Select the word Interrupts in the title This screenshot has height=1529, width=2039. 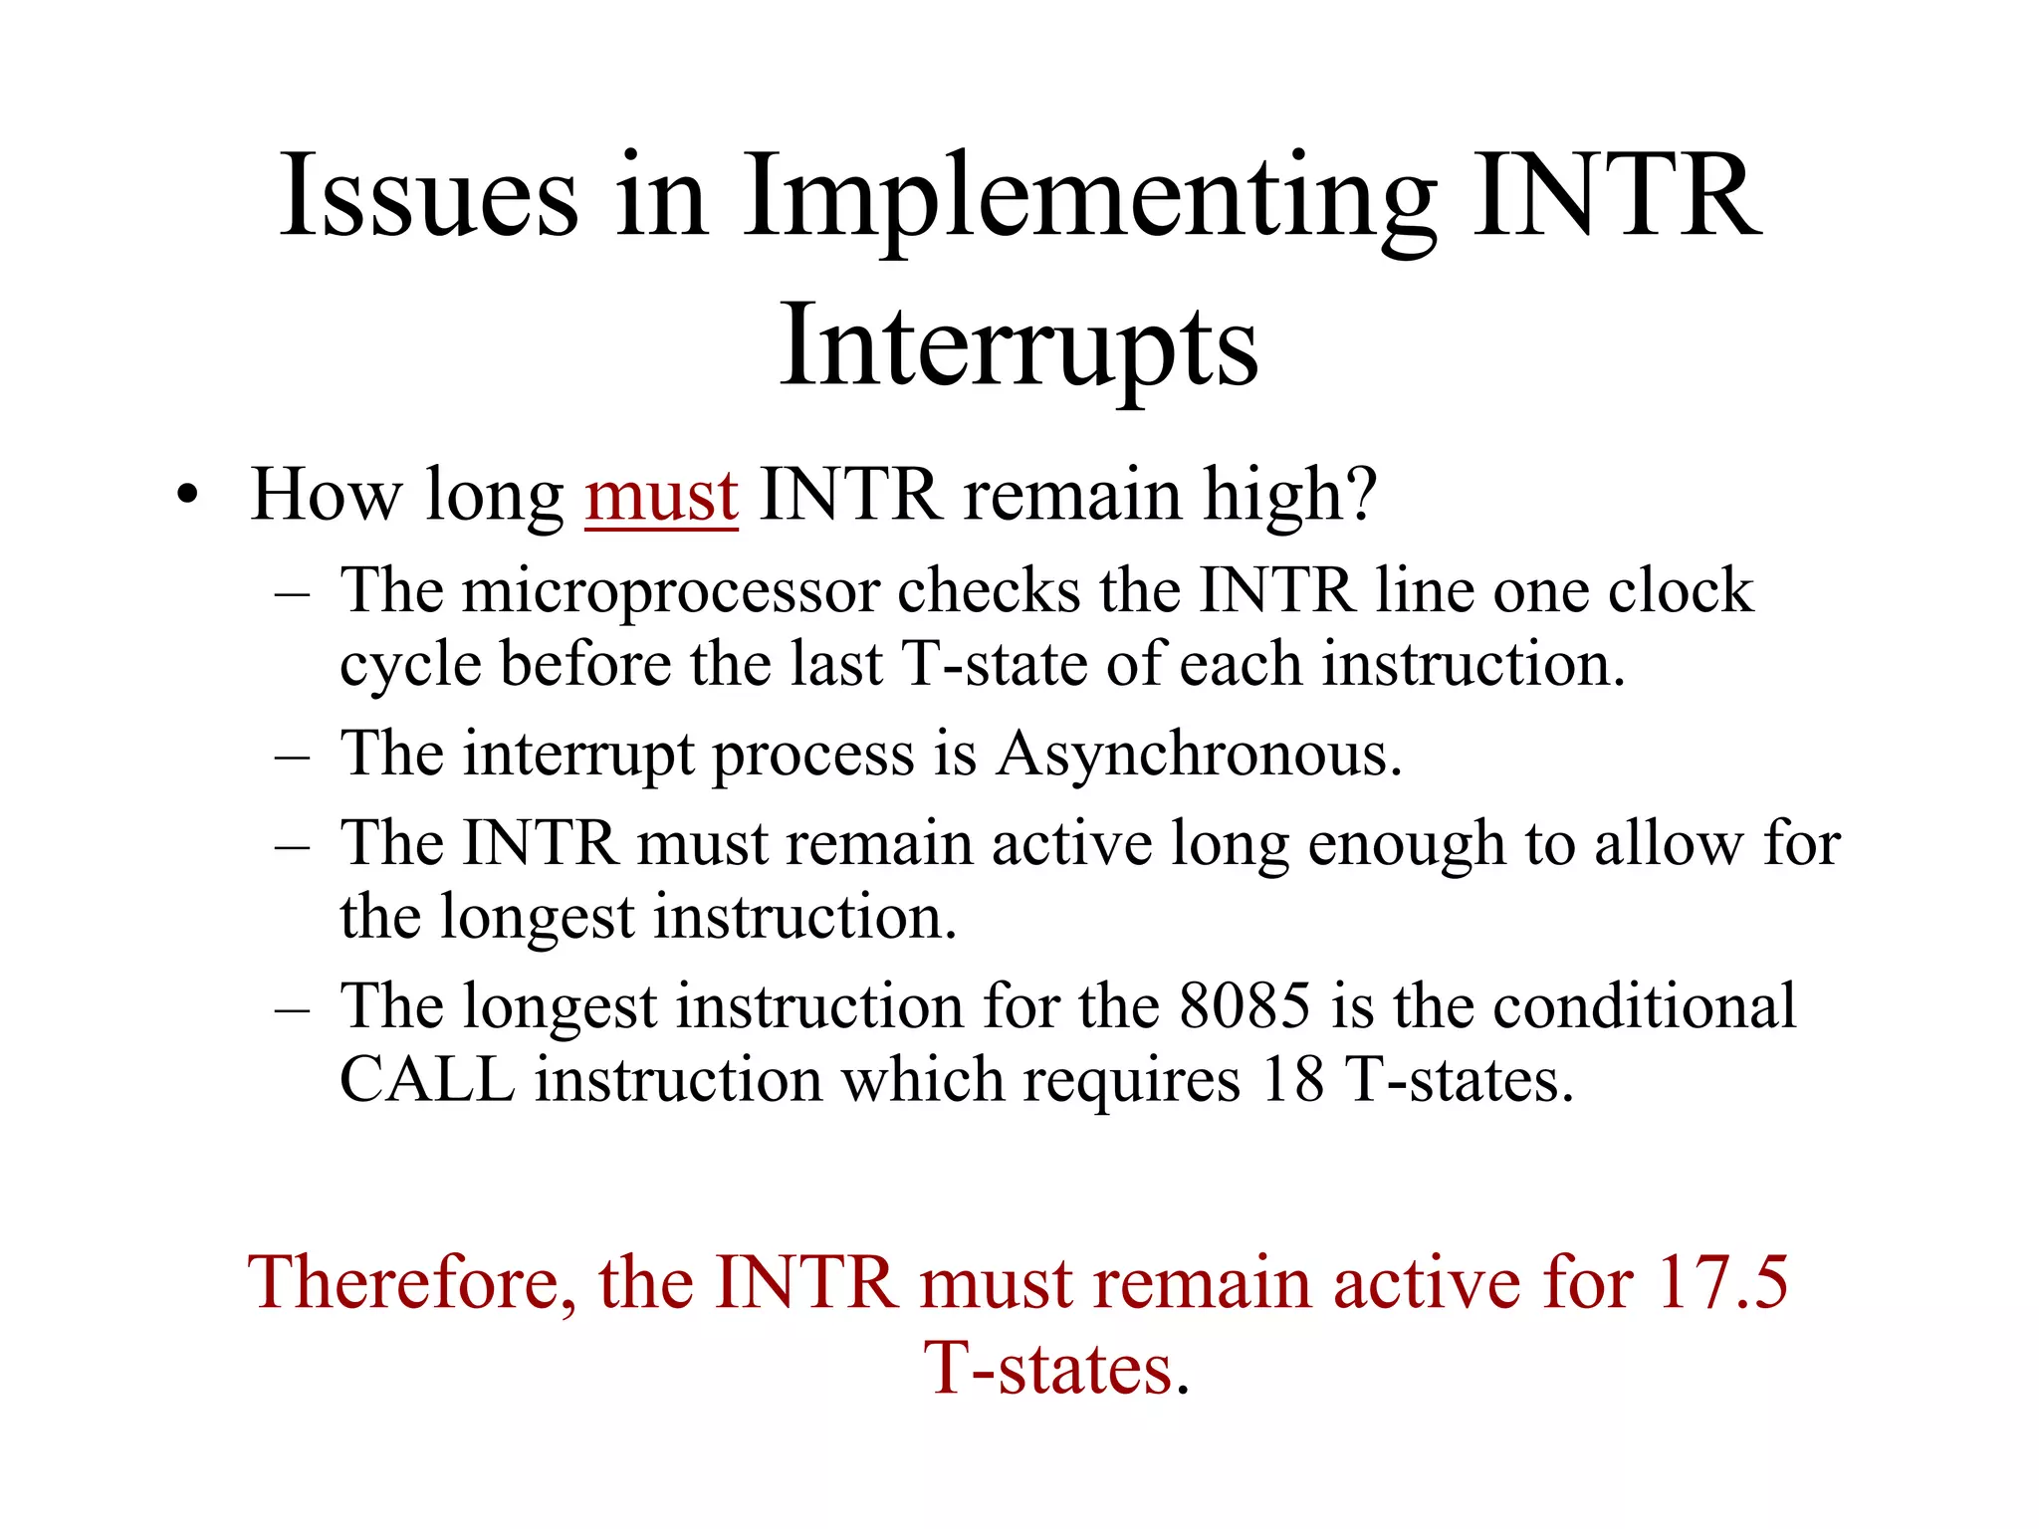coord(1019,346)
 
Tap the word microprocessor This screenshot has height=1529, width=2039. coord(670,592)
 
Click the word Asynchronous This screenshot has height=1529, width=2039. coord(1199,754)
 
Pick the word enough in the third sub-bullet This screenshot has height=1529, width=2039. coord(1406,844)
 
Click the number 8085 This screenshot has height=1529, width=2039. coord(1244,1005)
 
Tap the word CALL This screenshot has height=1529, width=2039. coord(427,1079)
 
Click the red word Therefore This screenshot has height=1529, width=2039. coord(411,1283)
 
